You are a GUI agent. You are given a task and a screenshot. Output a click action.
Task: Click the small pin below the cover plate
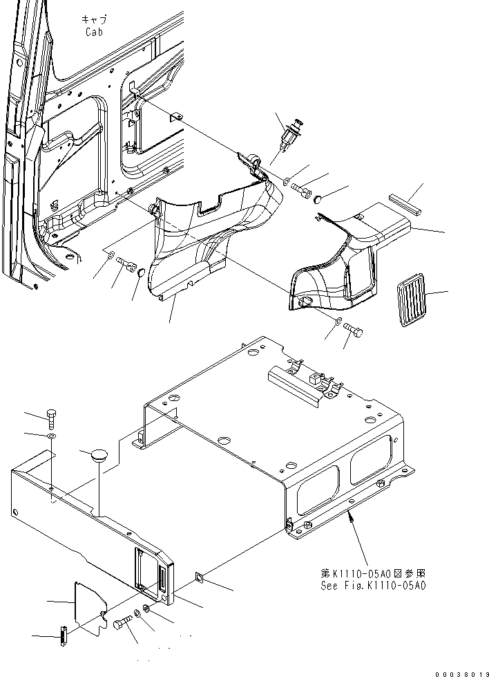(63, 635)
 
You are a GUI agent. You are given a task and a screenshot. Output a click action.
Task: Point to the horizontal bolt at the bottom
(123, 623)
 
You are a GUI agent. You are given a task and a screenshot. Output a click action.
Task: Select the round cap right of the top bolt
(318, 199)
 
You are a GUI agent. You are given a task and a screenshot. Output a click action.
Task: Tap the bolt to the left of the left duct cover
(126, 263)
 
